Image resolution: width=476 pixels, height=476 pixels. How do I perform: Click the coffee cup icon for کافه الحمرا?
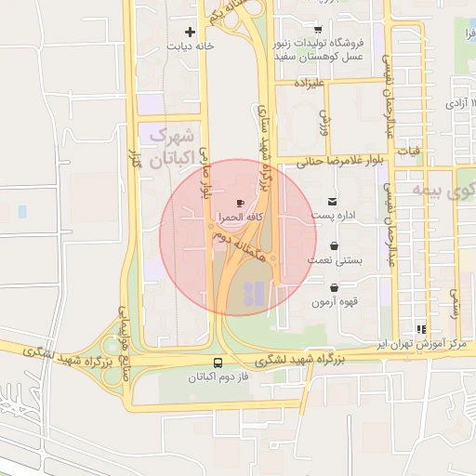(240, 202)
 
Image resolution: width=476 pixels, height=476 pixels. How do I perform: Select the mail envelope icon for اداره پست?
(333, 202)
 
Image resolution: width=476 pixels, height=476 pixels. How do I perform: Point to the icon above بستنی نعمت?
(334, 247)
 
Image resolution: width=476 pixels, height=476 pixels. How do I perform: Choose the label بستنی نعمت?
(335, 262)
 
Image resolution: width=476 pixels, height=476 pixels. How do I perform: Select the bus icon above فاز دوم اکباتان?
(218, 363)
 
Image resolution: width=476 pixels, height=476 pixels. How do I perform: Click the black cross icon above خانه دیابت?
(191, 32)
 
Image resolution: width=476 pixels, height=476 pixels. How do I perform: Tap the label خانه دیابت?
(191, 46)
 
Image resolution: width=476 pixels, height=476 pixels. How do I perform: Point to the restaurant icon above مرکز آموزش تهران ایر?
(421, 329)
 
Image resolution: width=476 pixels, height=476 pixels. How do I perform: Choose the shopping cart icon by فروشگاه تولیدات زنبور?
(318, 30)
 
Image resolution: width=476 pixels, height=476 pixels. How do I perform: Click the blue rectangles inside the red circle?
(251, 294)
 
